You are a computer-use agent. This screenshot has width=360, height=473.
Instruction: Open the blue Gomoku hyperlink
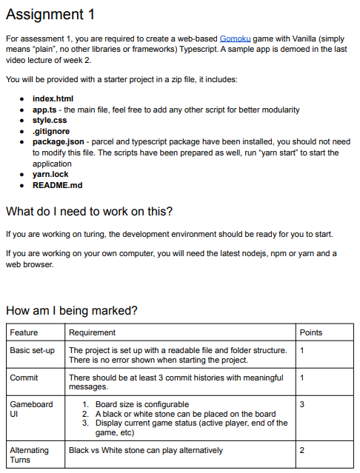(234, 37)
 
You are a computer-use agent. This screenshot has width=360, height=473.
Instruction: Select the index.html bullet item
(52, 98)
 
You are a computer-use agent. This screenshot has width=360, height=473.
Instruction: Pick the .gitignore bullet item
(50, 131)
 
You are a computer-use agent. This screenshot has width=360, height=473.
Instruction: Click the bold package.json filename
(59, 141)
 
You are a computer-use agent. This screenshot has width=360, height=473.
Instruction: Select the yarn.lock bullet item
(50, 175)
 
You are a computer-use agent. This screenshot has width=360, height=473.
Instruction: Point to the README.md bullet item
(58, 185)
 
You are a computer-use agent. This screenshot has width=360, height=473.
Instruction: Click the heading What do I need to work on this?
(89, 212)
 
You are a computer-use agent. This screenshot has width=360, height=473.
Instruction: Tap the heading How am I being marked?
(71, 310)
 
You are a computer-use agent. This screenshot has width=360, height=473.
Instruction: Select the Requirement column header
(92, 332)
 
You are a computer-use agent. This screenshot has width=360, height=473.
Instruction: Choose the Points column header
(311, 332)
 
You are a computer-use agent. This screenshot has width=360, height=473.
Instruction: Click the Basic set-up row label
(32, 350)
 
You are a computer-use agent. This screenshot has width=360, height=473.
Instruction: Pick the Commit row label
(24, 378)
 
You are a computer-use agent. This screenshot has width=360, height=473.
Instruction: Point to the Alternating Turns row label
(29, 454)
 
